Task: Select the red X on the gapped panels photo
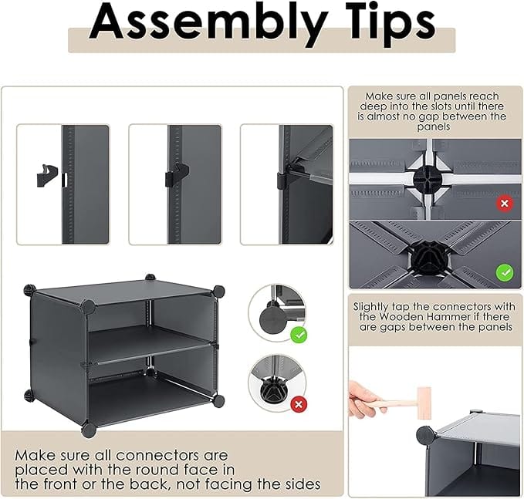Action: click(x=505, y=204)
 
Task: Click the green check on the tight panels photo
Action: click(x=505, y=272)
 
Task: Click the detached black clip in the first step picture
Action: click(x=48, y=175)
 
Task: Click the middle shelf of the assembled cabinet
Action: click(x=148, y=341)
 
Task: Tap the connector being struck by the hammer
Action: click(x=425, y=434)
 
